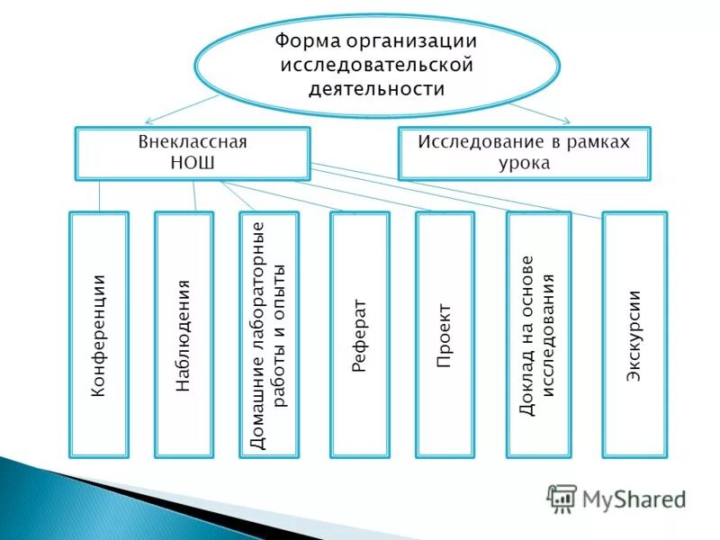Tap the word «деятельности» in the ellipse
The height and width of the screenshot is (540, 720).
coord(376,88)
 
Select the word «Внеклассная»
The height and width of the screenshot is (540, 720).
coord(193,142)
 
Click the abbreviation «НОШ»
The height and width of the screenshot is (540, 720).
coord(193,162)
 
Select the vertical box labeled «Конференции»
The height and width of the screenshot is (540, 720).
coord(99,334)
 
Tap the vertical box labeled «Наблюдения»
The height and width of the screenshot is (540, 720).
coord(184,334)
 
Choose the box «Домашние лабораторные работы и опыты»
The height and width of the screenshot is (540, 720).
coord(268,334)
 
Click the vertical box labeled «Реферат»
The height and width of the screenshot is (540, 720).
coord(359,334)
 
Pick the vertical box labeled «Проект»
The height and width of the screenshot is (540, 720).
coord(445,334)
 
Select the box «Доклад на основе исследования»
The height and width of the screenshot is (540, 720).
coord(538,334)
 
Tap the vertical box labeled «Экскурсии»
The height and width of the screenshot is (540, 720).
coord(634,334)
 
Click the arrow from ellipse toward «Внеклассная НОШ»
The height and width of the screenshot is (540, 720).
coord(180,107)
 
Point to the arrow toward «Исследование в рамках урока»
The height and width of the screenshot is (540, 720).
coord(540,110)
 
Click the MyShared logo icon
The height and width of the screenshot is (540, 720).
coord(562,498)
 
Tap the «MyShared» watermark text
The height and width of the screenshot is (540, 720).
coord(634,498)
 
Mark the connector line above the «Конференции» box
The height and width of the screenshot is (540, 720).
coord(99,196)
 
